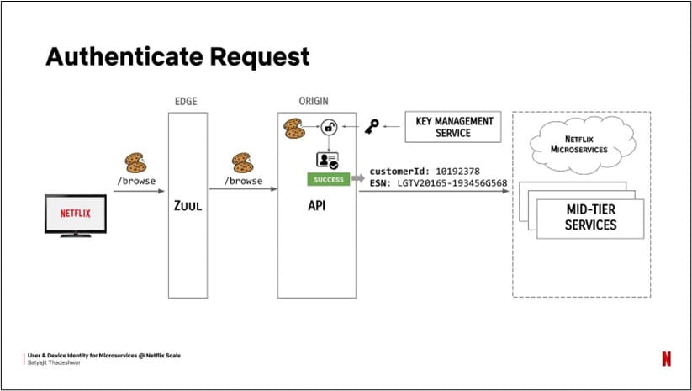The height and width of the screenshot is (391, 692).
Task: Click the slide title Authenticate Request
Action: pyautogui.click(x=177, y=56)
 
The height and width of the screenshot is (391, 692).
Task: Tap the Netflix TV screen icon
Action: pyautogui.click(x=75, y=214)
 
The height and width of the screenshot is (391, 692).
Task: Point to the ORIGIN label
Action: pyautogui.click(x=314, y=101)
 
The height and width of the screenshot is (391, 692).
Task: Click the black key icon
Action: pyautogui.click(x=371, y=127)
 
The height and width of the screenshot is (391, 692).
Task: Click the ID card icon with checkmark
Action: pyautogui.click(x=326, y=161)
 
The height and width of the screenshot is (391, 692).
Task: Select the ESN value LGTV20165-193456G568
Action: pyautogui.click(x=450, y=185)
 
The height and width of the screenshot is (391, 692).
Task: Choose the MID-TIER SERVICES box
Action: pyautogui.click(x=589, y=219)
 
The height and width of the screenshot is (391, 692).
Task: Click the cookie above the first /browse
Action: pyautogui.click(x=135, y=163)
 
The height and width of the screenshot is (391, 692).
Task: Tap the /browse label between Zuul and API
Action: pyautogui.click(x=242, y=181)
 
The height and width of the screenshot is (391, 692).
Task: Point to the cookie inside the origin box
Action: pyautogui.click(x=294, y=128)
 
